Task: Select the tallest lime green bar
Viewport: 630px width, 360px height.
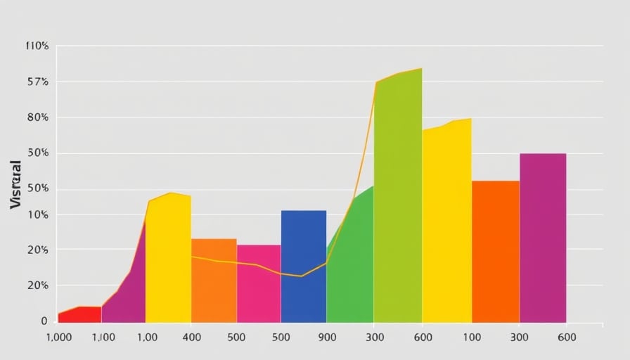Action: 398,197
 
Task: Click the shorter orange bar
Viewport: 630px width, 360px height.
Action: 214,281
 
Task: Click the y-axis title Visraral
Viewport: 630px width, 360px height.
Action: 16,184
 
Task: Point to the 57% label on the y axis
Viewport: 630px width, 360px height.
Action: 37,82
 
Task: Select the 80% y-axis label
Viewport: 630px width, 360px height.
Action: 37,117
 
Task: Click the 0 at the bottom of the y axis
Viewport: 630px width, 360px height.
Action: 44,321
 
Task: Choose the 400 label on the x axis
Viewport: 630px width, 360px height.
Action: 192,337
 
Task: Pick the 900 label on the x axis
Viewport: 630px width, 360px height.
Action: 328,337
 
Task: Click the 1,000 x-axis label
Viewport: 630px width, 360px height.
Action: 58,337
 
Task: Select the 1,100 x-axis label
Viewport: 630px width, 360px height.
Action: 103,337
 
